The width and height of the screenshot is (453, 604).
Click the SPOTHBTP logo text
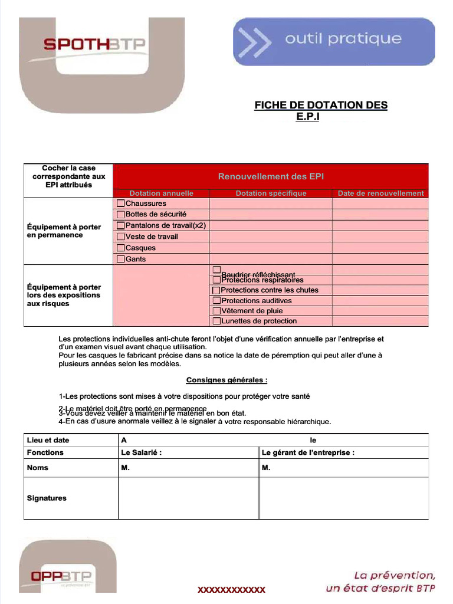(x=94, y=44)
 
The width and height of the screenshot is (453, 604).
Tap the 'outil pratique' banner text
(x=343, y=40)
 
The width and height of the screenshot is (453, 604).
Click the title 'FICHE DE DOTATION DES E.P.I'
(x=321, y=110)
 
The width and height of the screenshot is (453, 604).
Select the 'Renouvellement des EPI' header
(x=271, y=176)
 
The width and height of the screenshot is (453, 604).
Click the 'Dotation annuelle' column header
(x=161, y=193)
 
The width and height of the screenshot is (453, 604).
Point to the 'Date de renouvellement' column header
(x=380, y=193)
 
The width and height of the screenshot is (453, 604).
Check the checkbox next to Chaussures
(x=121, y=203)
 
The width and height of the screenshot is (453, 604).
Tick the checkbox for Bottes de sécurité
(x=121, y=214)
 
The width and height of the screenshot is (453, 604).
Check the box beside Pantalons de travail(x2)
(x=121, y=225)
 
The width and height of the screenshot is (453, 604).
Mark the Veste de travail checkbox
(x=121, y=237)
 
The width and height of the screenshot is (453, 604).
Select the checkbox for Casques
(x=121, y=248)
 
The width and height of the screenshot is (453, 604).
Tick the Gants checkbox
(x=121, y=259)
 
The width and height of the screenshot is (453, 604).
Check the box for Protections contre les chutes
(x=216, y=290)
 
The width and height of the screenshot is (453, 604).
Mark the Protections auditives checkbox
(x=216, y=301)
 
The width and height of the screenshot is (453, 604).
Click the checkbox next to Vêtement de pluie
(x=216, y=311)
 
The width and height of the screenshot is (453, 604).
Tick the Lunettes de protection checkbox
(x=216, y=321)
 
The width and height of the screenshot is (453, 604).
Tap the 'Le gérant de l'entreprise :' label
(x=308, y=452)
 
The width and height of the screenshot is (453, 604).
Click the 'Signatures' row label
(x=47, y=498)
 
